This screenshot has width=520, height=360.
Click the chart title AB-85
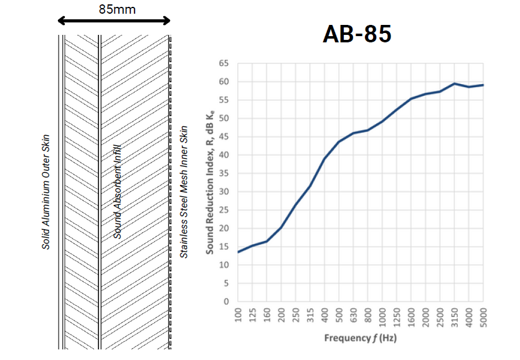pyautogui.click(x=357, y=34)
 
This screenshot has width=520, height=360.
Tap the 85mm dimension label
pyautogui.click(x=117, y=9)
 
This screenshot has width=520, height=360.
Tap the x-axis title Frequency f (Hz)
pyautogui.click(x=360, y=338)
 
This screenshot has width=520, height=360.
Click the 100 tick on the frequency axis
pyautogui.click(x=237, y=315)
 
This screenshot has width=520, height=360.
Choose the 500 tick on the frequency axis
pyautogui.click(x=339, y=315)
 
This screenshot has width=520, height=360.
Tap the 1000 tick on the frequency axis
pyautogui.click(x=382, y=316)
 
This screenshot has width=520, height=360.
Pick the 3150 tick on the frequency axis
pyautogui.click(x=455, y=316)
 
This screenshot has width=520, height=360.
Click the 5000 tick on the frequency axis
pyautogui.click(x=484, y=316)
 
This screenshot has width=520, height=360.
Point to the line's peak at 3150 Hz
pyautogui.click(x=455, y=83)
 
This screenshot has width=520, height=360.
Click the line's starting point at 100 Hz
pyautogui.click(x=237, y=252)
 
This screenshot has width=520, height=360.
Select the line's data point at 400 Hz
pyautogui.click(x=324, y=158)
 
